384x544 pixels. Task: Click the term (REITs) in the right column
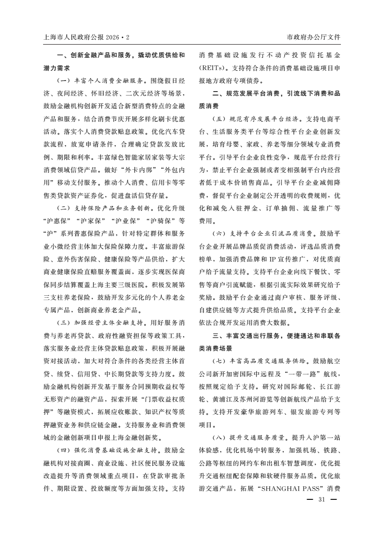[x=214, y=68]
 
